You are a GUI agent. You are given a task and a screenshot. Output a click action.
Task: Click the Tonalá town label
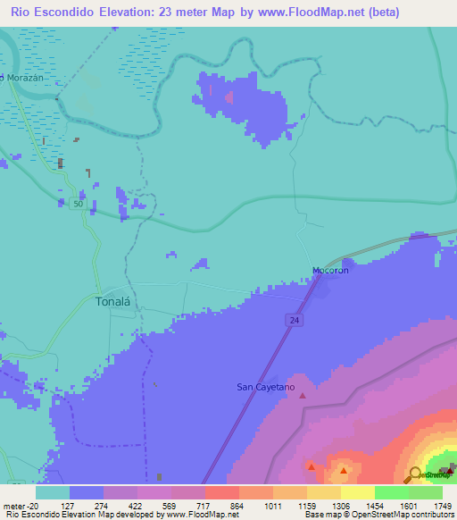[113, 302]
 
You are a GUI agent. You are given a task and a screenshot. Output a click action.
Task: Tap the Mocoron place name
[329, 270]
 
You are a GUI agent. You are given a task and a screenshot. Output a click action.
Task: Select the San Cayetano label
[264, 387]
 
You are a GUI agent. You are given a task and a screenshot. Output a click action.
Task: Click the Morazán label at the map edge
[18, 78]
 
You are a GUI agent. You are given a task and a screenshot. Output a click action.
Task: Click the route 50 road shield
[79, 205]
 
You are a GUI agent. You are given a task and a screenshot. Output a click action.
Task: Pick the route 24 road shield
[294, 319]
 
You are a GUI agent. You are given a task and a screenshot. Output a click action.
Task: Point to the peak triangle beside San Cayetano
[302, 396]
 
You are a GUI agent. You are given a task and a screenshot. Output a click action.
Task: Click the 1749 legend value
[442, 506]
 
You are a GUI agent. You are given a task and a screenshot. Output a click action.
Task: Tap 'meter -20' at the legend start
[21, 506]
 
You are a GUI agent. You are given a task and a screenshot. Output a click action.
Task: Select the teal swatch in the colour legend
[53, 492]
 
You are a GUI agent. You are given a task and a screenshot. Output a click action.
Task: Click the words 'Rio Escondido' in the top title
[53, 13]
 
